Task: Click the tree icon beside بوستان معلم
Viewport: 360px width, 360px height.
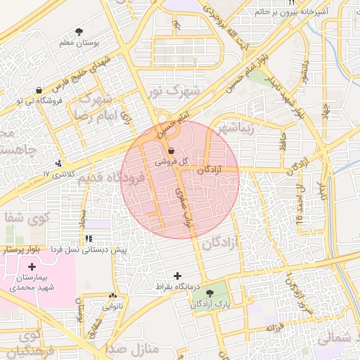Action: pos(79,32)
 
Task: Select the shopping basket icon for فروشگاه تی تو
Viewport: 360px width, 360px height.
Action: pos(37,90)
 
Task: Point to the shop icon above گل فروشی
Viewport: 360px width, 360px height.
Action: pos(173,150)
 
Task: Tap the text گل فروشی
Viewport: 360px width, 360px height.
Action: pos(174,162)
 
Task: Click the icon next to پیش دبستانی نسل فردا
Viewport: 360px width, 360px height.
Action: pos(88,239)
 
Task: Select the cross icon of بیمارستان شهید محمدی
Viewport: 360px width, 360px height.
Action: pos(32,266)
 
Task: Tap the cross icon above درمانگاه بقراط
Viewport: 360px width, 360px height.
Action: pos(176,276)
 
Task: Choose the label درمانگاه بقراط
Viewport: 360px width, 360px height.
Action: pos(177,287)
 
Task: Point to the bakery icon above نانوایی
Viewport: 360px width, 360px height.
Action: pos(112,296)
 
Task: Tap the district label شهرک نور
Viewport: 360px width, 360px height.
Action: pos(174,91)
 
